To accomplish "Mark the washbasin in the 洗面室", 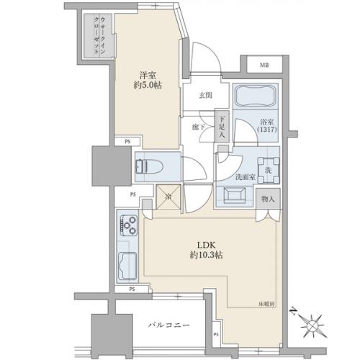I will click(234, 194).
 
